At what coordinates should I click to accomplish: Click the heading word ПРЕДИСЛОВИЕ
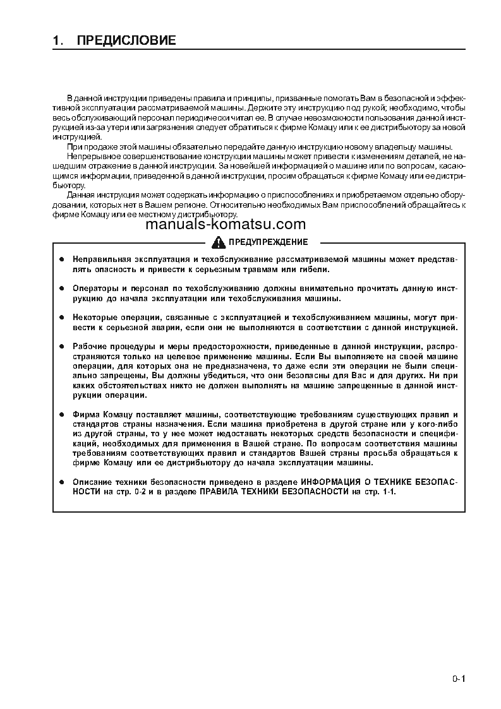(x=126, y=41)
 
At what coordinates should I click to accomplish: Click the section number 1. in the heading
(x=58, y=41)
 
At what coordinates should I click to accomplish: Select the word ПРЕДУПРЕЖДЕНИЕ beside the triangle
(x=268, y=242)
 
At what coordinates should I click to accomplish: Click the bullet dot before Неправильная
(x=62, y=260)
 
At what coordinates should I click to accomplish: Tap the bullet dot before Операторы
(x=62, y=289)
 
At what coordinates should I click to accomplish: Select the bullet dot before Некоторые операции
(x=62, y=318)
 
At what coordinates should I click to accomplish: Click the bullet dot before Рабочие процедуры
(x=62, y=347)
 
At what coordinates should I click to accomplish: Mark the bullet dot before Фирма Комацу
(x=62, y=414)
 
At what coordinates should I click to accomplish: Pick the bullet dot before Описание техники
(x=62, y=482)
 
